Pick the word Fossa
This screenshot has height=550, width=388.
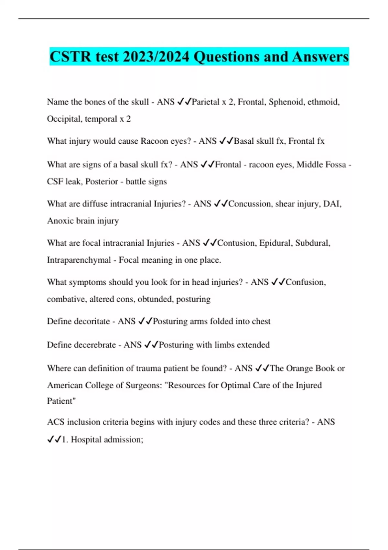[x=336, y=165]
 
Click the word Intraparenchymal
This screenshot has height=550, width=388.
[x=79, y=260]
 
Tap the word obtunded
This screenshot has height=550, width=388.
[x=155, y=299]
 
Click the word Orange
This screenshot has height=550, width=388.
[x=299, y=368]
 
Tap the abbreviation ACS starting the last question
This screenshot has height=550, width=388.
[x=56, y=422]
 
